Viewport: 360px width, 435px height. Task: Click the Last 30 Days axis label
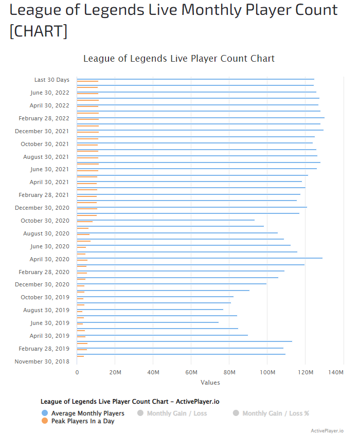[x=51, y=80]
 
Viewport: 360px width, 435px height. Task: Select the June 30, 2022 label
[x=49, y=93]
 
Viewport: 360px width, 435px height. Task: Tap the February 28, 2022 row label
[x=44, y=118]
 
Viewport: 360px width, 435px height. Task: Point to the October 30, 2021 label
[x=45, y=144]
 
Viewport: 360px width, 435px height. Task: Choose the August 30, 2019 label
[x=46, y=310]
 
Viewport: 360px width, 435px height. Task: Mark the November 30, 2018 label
[x=42, y=361]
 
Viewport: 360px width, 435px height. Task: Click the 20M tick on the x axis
[x=115, y=372]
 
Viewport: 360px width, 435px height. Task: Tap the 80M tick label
[x=229, y=372]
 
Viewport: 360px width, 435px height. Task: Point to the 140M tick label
[x=336, y=372]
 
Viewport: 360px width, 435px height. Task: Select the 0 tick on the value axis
[x=77, y=372]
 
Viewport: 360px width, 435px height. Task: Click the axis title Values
[x=210, y=382]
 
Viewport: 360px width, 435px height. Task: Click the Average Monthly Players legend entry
[x=87, y=413]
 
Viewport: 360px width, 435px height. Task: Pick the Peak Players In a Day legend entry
[x=82, y=421]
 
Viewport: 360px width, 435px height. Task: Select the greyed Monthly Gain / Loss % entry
[x=275, y=413]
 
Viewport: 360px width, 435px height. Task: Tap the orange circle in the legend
[x=44, y=421]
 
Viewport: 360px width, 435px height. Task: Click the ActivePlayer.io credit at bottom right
[x=327, y=430]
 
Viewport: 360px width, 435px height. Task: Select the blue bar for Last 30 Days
[x=195, y=79]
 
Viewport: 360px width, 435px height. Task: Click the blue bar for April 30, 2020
[x=200, y=258]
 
